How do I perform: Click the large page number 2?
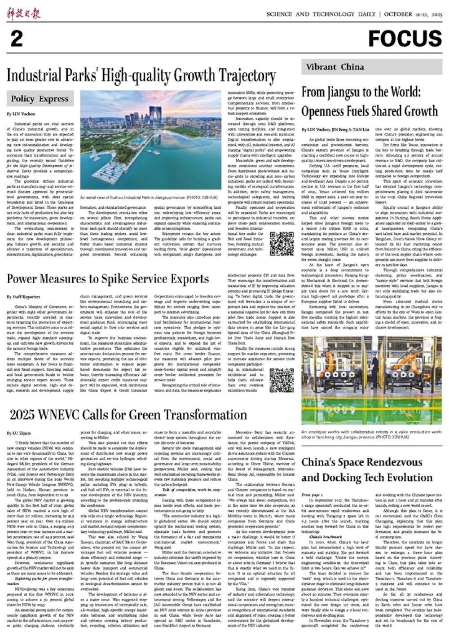point(17,39)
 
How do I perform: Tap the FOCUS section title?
point(405,39)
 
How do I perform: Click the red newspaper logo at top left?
point(23,14)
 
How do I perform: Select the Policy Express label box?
point(40,99)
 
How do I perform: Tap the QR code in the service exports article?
point(282,380)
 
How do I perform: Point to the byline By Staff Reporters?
point(23,297)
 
